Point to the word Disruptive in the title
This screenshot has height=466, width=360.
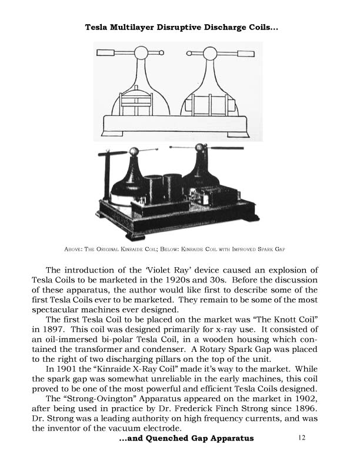(204, 27)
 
